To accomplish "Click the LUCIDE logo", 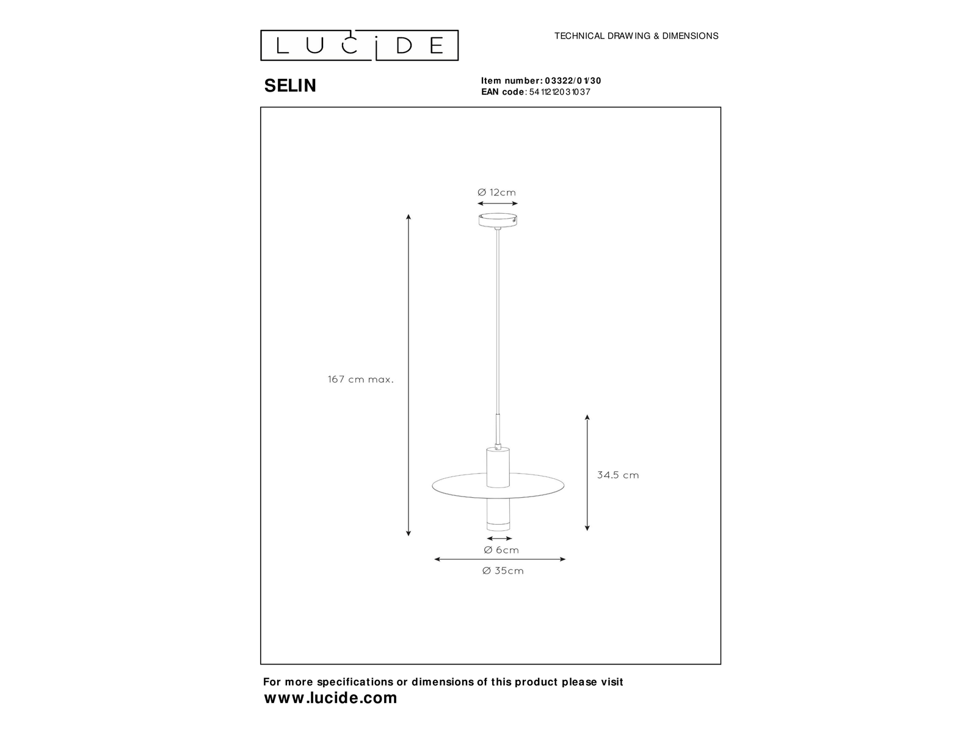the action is coord(360,46).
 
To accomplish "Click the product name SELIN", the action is coord(290,86).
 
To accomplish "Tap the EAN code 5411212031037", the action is coord(559,92).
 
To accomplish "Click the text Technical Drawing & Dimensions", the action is coord(636,36).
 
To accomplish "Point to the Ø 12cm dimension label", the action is coord(497,192).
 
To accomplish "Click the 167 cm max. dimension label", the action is coord(361,379).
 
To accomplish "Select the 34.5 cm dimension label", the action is coord(618,475).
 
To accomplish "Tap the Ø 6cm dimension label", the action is coord(501,550).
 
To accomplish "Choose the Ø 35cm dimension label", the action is coord(503,571).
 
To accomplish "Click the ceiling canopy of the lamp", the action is coord(498,220).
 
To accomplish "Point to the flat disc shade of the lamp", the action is coord(498,485).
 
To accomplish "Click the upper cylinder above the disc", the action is coord(498,467).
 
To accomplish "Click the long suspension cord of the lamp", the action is coord(498,321).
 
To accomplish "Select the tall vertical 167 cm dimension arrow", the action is coord(409,375).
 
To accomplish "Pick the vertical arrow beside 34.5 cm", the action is coord(587,472).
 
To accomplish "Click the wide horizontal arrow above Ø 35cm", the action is coord(499,559).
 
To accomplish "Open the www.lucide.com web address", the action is coord(330,698).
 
